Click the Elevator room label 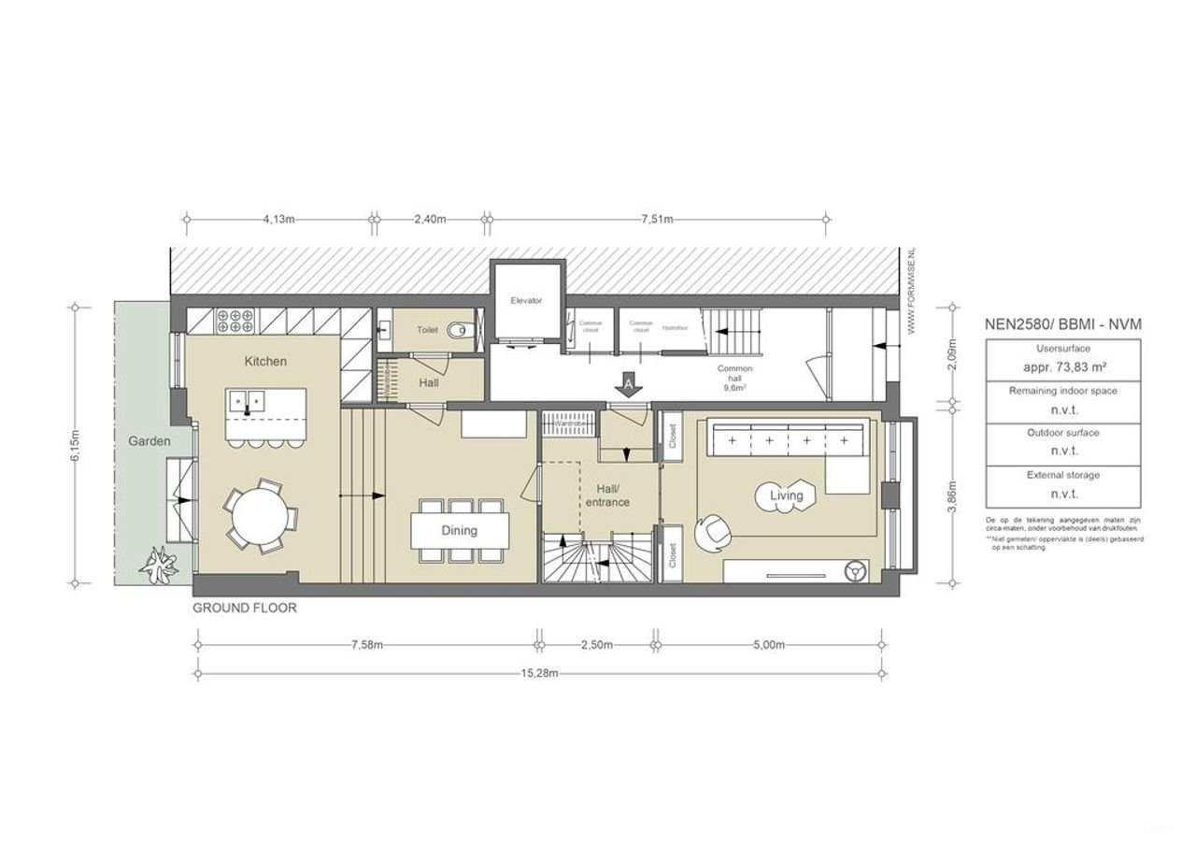(x=526, y=301)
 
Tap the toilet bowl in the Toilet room (x=456, y=330)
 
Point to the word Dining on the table (x=460, y=530)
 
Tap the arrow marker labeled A (x=629, y=383)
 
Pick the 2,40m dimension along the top (x=429, y=220)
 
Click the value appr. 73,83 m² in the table (x=1061, y=367)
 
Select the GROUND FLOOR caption (x=245, y=608)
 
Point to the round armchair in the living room (x=717, y=530)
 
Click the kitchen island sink (x=248, y=403)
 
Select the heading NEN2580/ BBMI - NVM (x=1063, y=324)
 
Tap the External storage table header (x=1063, y=475)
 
